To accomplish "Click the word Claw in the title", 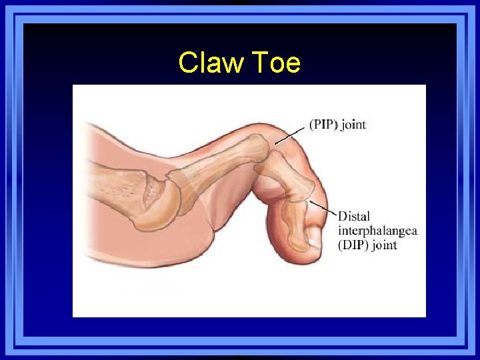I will tap(205, 63).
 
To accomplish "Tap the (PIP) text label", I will tap(322, 125).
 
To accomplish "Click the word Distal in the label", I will tap(354, 217).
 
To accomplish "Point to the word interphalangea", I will tap(377, 231).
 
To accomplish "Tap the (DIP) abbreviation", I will tap(353, 245).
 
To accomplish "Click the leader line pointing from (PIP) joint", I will tap(291, 136).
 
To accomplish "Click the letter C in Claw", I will tap(187, 63).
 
